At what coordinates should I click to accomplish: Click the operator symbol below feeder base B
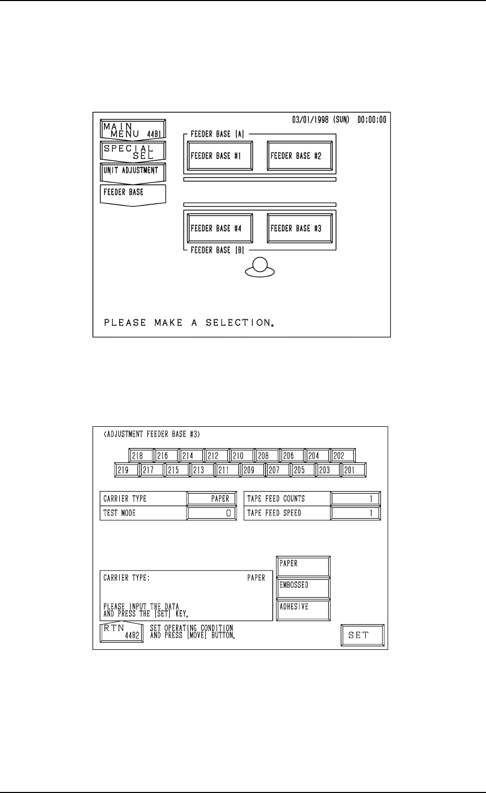260,267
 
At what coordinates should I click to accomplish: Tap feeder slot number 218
141,456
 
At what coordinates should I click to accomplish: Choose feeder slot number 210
241,456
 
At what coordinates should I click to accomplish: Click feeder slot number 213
202,470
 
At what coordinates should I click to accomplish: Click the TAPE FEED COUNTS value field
355,499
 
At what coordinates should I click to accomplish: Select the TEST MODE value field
212,514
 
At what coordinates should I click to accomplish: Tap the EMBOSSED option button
303,588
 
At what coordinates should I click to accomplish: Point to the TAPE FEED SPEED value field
355,514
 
